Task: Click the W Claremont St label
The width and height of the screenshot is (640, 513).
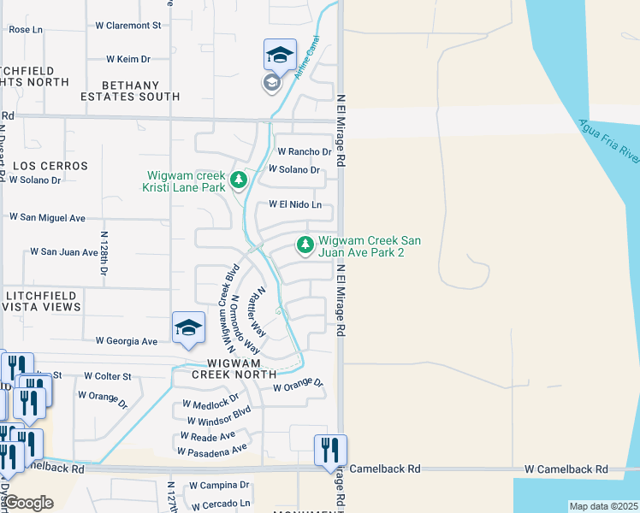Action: coord(128,26)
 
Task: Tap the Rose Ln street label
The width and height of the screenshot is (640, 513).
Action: coord(26,29)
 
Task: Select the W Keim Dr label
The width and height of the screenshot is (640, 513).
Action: coord(128,59)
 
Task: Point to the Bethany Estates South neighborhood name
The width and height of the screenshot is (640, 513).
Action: coord(141,91)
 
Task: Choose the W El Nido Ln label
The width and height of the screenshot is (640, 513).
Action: coord(295,205)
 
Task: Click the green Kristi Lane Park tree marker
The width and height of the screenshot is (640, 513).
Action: coord(239,181)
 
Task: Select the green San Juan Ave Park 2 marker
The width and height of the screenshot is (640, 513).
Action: coord(305,246)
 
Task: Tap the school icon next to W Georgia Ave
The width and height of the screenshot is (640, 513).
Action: coord(188,327)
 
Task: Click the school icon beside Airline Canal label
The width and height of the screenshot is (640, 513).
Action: coord(280,56)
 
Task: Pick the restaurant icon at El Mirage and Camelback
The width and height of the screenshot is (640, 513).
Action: coord(330,450)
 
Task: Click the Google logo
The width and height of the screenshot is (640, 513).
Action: coord(28,503)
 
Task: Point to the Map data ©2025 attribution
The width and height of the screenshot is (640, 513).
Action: coord(603,506)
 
